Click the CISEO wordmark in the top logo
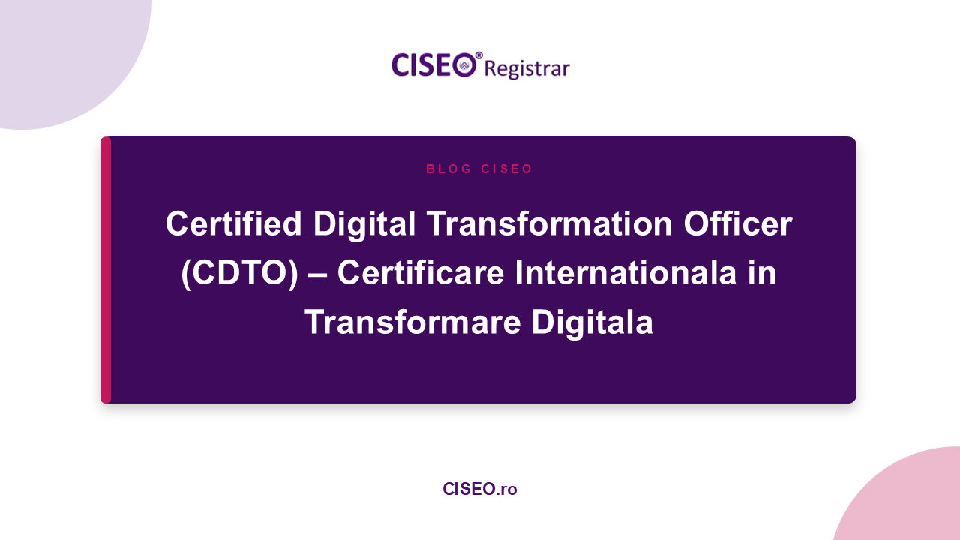433,65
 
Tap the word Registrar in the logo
527,68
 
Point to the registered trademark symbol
479,55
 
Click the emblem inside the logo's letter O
464,65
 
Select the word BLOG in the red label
448,169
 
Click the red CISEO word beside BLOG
506,169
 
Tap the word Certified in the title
233,223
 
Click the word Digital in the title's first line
364,226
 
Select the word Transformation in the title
550,223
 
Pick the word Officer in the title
738,223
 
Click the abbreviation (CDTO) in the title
239,274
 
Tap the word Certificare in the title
421,272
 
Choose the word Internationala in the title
625,272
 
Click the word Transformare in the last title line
412,322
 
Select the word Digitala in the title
592,323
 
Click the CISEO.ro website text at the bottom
479,489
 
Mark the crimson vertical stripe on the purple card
106,270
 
